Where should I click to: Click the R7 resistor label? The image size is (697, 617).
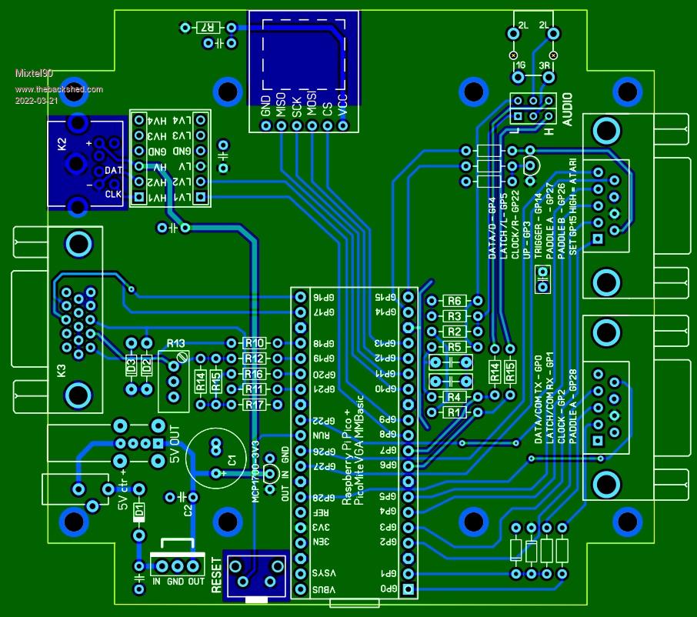click(x=207, y=28)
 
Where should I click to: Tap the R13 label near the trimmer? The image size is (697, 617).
click(x=176, y=342)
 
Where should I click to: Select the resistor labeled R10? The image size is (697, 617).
click(x=254, y=343)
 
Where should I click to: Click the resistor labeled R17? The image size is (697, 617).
click(x=254, y=405)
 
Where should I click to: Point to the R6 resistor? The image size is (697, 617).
click(x=454, y=301)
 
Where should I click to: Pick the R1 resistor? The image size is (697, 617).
click(x=454, y=412)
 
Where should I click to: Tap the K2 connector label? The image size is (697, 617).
click(x=62, y=143)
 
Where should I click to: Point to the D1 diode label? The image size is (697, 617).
click(x=139, y=509)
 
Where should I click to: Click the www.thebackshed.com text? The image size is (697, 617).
click(x=59, y=89)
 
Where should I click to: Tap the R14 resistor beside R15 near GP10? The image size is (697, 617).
click(x=495, y=372)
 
